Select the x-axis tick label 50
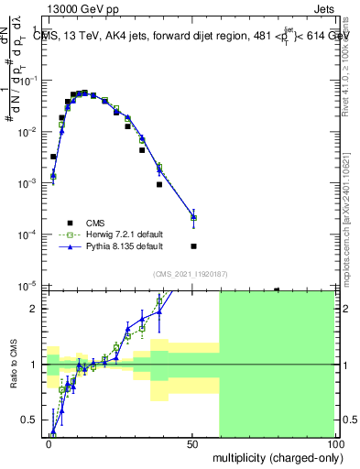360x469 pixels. [x=191, y=444]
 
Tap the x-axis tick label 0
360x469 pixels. [x=49, y=444]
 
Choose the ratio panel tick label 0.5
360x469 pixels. [x=27, y=420]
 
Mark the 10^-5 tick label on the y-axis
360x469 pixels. [x=28, y=286]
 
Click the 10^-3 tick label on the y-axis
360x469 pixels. [x=28, y=183]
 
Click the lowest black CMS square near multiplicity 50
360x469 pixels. [x=193, y=246]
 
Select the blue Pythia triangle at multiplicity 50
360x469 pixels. [x=193, y=217]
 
